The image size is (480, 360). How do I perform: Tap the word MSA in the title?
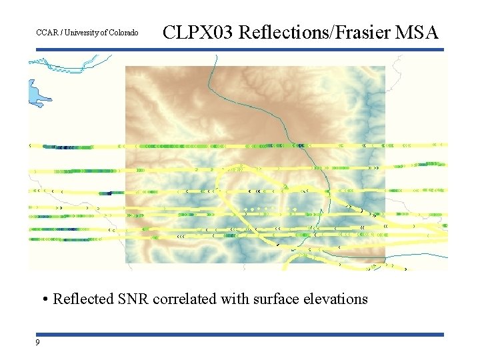pyautogui.click(x=418, y=32)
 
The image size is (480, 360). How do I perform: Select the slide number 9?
pyautogui.click(x=37, y=342)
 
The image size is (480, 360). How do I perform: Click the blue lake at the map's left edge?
pyautogui.click(x=36, y=93)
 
